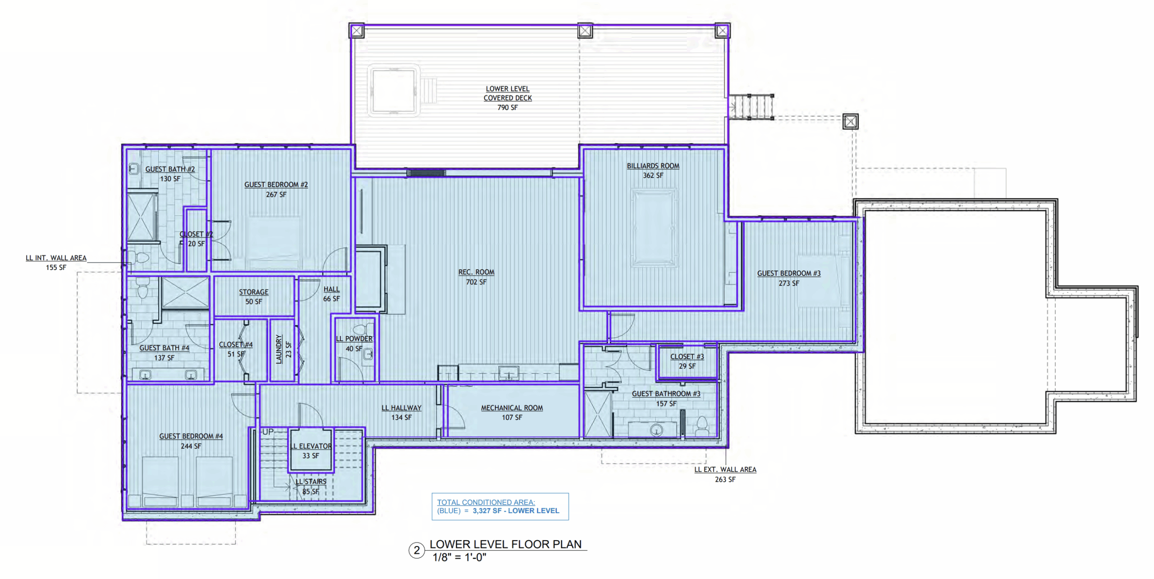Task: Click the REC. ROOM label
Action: pos(476,272)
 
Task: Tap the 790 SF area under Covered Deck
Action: pos(508,107)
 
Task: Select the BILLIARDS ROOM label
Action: pos(653,166)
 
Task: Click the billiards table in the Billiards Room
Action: pos(654,228)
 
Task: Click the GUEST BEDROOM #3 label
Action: pos(788,274)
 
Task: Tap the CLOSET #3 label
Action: pos(687,356)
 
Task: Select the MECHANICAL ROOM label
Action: pos(512,408)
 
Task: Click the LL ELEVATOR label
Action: pos(311,446)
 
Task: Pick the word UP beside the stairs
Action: pos(268,432)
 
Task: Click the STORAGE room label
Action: pos(253,292)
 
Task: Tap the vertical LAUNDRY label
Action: pos(279,349)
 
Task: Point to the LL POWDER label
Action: pos(354,339)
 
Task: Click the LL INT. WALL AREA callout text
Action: pos(56,258)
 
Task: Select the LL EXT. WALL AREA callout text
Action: pos(725,470)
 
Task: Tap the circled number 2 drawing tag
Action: pos(417,550)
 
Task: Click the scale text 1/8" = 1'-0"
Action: pos(459,557)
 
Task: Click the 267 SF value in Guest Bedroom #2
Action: pos(276,195)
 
